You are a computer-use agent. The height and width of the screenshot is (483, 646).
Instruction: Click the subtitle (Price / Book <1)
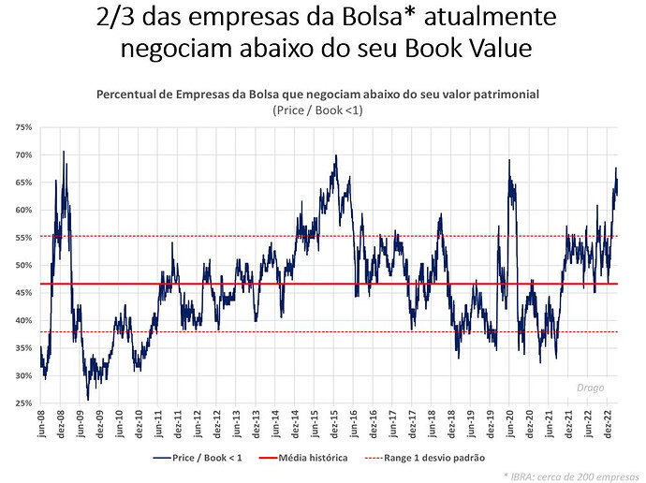coord(323,110)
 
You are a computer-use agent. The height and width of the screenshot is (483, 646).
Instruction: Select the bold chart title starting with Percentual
coord(323,95)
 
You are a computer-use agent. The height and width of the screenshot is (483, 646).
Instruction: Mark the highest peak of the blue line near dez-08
coord(64,152)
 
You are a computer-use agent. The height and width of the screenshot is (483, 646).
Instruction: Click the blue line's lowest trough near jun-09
coord(88,400)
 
